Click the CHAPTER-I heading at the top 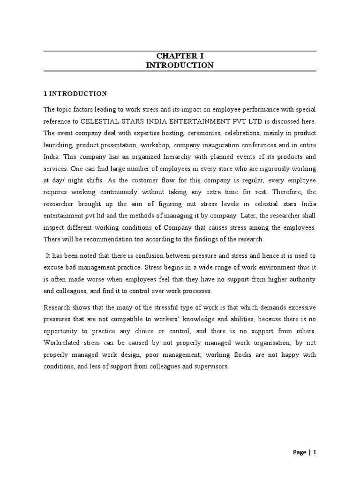[180, 56]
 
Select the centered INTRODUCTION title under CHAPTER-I [180, 66]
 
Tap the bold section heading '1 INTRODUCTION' [75, 94]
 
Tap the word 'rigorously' [266, 168]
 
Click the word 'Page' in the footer [300, 452]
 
